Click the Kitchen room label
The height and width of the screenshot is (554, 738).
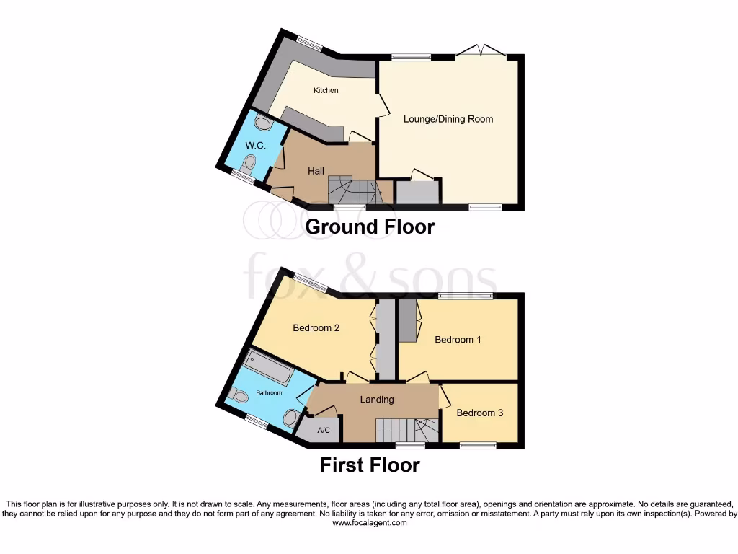point(326,90)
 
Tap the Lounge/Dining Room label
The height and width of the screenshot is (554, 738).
point(448,119)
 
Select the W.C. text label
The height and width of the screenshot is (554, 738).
point(255,146)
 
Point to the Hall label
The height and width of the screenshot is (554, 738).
point(316,171)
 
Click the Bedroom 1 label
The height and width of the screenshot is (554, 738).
point(458,340)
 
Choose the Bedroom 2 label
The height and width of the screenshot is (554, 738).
point(316,327)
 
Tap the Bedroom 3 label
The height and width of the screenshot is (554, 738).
point(480,413)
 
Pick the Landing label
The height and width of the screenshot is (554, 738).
point(377,400)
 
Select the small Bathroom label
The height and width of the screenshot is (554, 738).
point(269,393)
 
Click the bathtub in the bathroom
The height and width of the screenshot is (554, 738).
point(269,369)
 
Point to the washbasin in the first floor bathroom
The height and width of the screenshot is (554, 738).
point(291,418)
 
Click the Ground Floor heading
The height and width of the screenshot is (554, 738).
point(370,227)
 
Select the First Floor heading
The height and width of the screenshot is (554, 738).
point(370,465)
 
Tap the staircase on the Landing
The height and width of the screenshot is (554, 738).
point(406,431)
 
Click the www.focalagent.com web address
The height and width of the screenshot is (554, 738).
point(369,523)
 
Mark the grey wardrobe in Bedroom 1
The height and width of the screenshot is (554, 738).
point(408,321)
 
